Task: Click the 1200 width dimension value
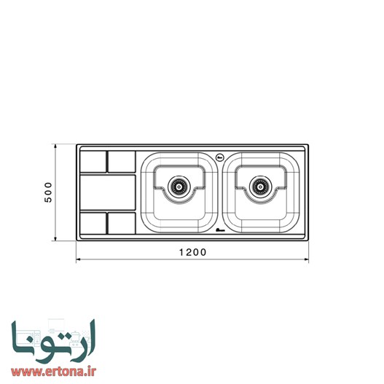192,251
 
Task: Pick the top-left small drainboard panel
93,160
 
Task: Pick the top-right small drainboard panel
122,160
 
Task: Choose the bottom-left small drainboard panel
93,223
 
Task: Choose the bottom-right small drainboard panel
122,223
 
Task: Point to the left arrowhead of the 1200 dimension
79,259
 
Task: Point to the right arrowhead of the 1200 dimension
307,259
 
